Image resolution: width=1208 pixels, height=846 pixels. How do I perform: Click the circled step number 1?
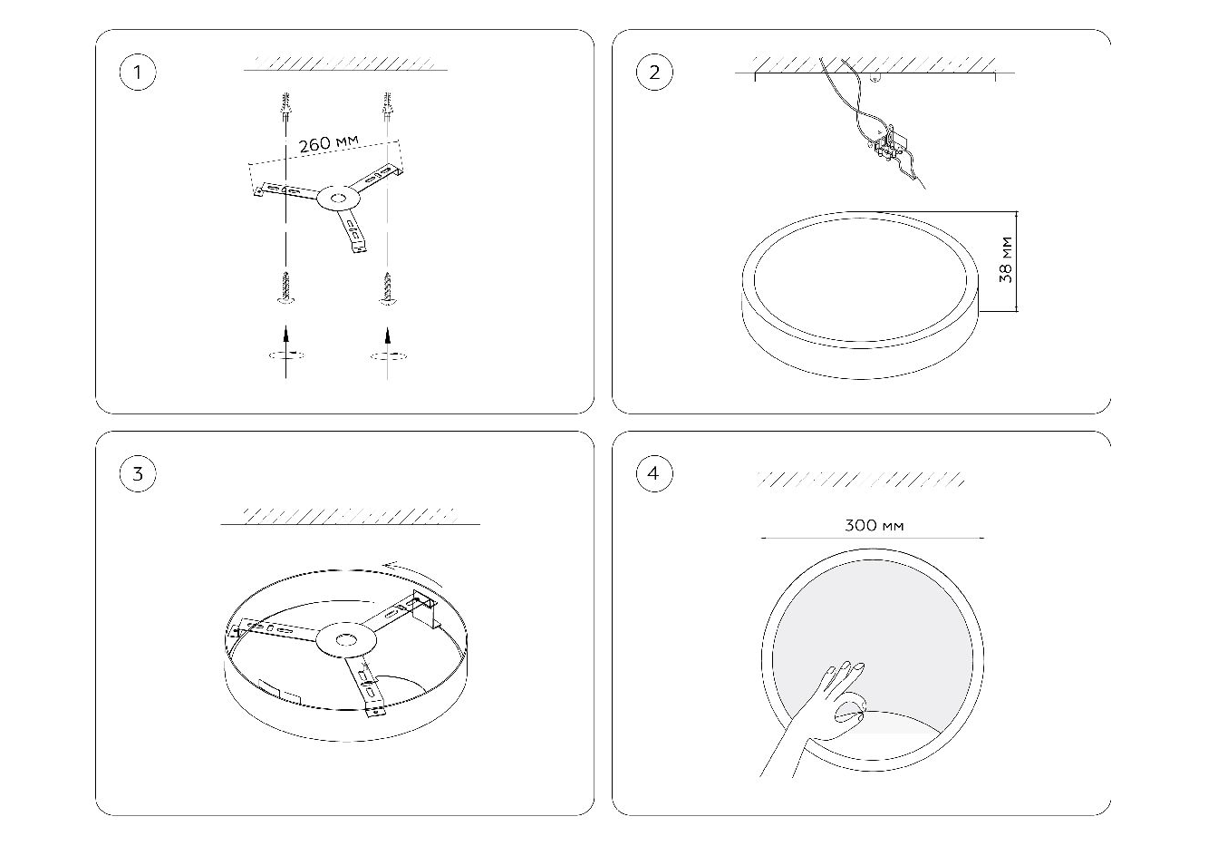[138, 73]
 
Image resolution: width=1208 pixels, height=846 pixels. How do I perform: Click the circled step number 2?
[654, 73]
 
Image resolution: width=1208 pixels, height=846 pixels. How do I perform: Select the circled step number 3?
[138, 473]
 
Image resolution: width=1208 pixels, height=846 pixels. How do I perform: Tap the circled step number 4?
[654, 473]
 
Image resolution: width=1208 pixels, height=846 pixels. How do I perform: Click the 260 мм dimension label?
[328, 143]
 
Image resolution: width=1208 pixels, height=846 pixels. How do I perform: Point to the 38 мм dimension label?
[1006, 259]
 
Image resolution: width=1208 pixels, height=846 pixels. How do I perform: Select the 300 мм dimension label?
[874, 525]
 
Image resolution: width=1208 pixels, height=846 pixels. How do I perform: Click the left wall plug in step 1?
[285, 106]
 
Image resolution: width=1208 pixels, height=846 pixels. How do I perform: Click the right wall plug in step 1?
[387, 106]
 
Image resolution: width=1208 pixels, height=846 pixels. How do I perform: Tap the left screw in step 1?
[285, 287]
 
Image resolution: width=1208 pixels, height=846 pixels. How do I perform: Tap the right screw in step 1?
[387, 288]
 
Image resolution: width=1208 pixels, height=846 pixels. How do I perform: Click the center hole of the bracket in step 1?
[338, 198]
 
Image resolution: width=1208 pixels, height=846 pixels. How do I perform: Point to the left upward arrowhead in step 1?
[285, 334]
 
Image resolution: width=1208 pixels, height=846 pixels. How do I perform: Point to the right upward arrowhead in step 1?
[387, 335]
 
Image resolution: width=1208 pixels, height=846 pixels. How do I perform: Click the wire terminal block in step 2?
[889, 144]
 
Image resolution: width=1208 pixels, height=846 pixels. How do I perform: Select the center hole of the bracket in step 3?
[345, 640]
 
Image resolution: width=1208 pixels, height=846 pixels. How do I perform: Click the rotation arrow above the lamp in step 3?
[413, 573]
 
